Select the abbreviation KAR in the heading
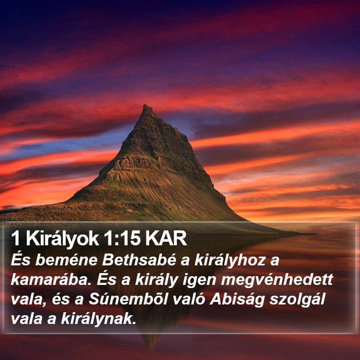point(166,239)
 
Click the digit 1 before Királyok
point(15,239)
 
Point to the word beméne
point(66,260)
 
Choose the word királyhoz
point(230,261)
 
